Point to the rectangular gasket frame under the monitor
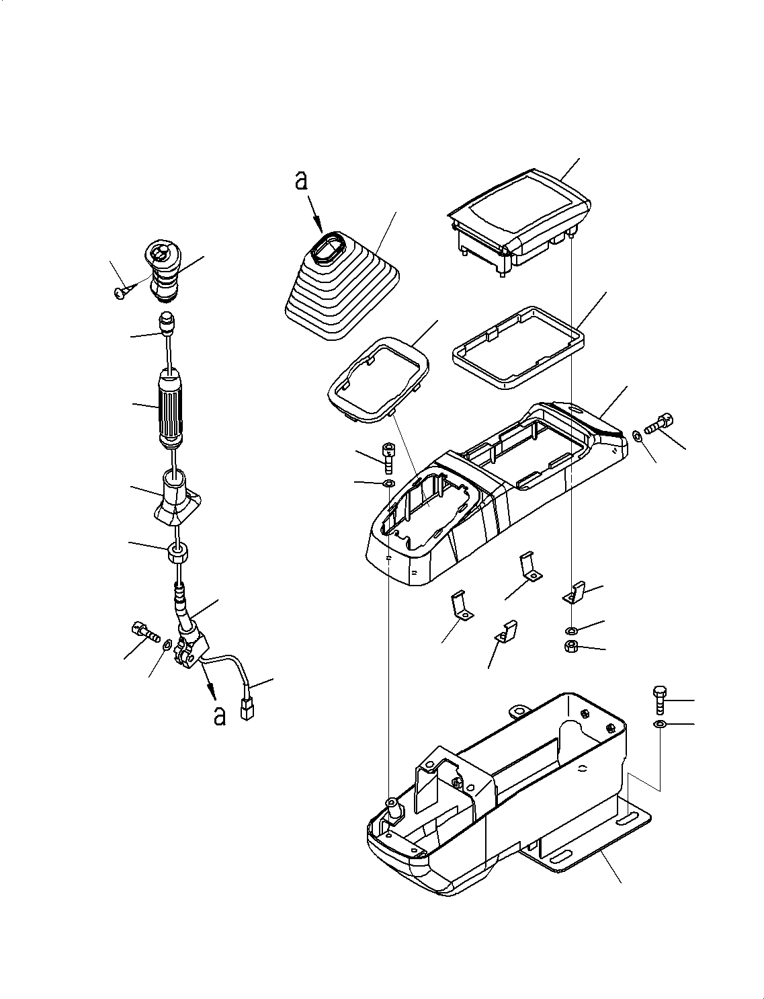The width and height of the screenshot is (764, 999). point(517,348)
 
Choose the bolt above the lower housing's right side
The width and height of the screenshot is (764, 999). point(659,699)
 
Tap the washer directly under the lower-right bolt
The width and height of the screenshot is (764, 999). point(659,724)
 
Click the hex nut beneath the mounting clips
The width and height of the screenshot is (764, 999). point(571,647)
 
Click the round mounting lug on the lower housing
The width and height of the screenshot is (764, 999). point(518,711)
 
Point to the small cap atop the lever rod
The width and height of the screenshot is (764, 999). point(165,323)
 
